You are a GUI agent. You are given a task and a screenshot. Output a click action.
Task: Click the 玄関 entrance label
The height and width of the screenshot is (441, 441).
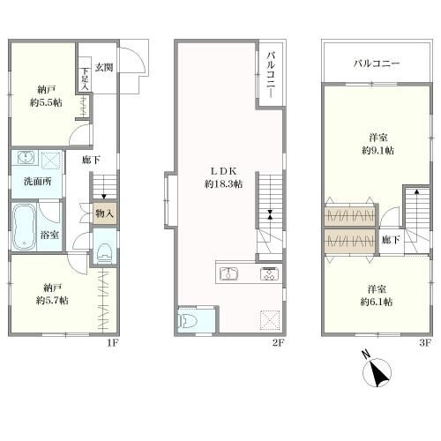click(104, 67)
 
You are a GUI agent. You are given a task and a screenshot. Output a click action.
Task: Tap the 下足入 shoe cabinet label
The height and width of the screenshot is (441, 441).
click(85, 78)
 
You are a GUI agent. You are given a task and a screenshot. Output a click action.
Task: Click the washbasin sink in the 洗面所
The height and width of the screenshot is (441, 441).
click(26, 158)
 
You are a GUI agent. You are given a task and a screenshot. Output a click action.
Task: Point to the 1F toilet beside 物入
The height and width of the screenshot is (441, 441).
click(105, 251)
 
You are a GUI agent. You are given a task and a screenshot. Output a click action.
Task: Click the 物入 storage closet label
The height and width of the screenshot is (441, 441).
click(104, 213)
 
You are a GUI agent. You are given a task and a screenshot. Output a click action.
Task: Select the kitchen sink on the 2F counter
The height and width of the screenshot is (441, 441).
click(229, 273)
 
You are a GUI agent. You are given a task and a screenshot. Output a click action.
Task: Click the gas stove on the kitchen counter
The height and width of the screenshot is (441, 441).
click(268, 273)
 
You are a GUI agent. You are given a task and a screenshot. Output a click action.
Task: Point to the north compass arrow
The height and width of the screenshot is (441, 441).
click(377, 374)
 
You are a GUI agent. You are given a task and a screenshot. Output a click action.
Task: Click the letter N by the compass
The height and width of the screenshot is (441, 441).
click(366, 355)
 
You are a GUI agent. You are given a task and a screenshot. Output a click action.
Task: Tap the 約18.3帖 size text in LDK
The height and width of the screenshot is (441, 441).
click(223, 184)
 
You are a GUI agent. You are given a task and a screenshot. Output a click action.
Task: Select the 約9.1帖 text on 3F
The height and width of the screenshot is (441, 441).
click(377, 151)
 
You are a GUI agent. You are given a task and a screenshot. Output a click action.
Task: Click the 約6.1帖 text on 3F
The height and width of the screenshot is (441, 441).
click(377, 302)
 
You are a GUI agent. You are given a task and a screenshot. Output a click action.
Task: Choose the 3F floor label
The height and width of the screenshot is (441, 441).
click(424, 342)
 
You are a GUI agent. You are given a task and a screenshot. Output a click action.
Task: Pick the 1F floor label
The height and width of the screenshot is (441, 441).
click(113, 342)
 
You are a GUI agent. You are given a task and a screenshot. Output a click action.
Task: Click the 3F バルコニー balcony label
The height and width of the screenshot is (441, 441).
click(377, 64)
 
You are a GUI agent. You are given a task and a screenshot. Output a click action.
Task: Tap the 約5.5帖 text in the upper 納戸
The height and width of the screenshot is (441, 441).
click(46, 102)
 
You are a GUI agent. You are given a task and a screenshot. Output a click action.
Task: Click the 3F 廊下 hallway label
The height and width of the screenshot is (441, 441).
click(391, 240)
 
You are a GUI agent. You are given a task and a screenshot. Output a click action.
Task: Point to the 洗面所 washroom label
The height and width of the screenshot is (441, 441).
click(38, 182)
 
